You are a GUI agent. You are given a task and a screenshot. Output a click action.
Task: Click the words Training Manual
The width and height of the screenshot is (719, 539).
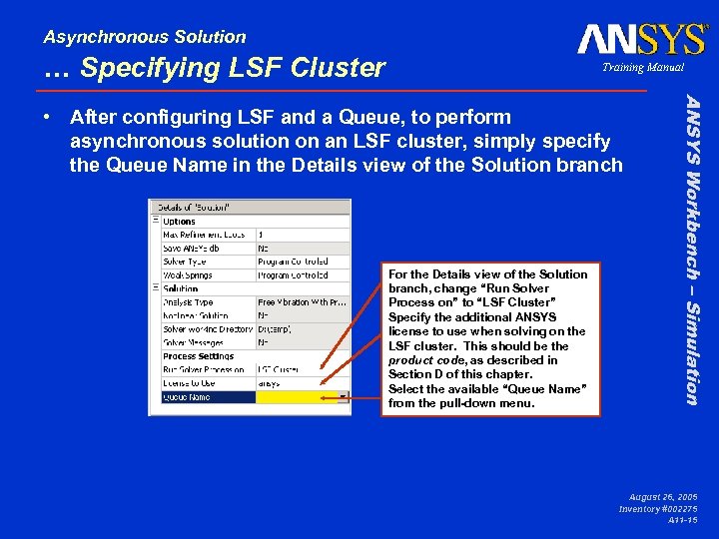coord(642,68)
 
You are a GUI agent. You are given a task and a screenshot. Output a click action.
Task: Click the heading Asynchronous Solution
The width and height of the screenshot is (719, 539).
coord(144,37)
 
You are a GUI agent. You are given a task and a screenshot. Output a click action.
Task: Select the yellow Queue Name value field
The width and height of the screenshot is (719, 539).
coord(298,397)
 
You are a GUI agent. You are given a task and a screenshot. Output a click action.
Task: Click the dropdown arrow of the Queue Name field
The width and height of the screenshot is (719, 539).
coord(344,397)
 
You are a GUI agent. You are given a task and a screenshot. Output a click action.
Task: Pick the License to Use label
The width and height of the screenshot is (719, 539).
coord(189,383)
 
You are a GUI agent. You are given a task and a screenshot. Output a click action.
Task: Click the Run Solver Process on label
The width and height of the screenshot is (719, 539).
coord(204,369)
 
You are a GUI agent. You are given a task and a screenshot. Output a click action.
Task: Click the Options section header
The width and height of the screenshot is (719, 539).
coord(180,221)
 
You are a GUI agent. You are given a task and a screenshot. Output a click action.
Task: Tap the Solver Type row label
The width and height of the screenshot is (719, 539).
coord(187,262)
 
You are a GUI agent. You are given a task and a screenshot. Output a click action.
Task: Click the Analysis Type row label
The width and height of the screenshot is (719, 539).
coord(188,302)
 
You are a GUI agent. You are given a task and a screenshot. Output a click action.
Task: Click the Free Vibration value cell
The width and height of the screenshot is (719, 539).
coord(302,302)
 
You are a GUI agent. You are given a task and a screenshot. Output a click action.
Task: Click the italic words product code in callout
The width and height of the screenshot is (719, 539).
coord(423,360)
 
